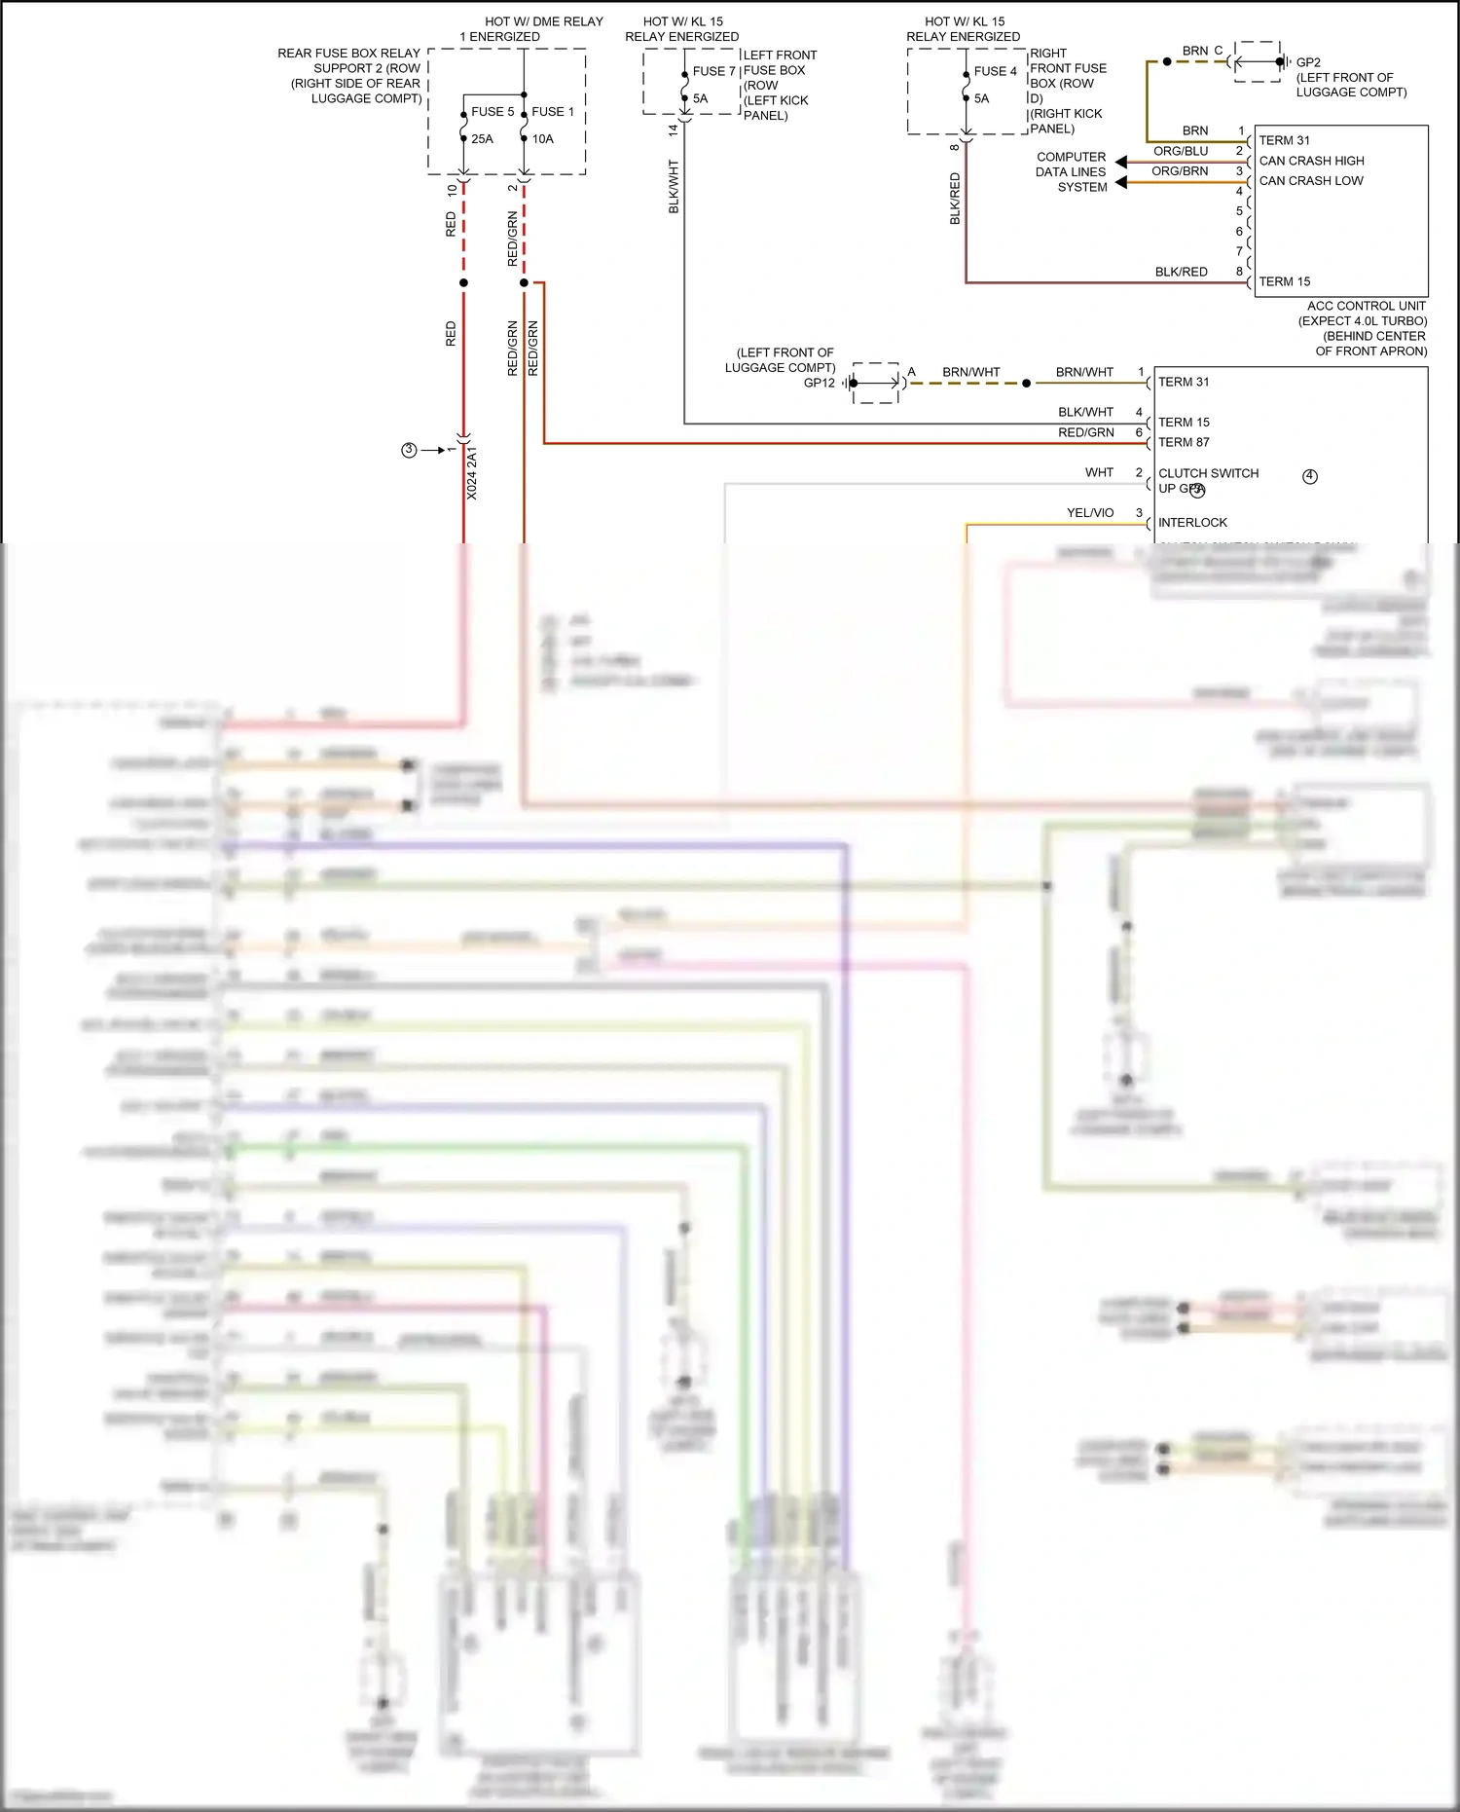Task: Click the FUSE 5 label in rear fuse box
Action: click(x=493, y=112)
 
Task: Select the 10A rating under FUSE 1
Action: click(x=542, y=139)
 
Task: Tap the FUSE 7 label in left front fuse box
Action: click(x=713, y=71)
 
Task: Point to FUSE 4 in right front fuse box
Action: click(x=995, y=71)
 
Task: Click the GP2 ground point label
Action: click(x=1308, y=62)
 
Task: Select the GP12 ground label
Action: click(x=819, y=383)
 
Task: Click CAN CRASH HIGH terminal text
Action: click(x=1311, y=161)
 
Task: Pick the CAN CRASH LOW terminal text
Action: click(x=1310, y=181)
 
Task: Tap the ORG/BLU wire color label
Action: click(x=1180, y=151)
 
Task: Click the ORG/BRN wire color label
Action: click(x=1180, y=171)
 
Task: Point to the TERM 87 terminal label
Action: click(x=1184, y=442)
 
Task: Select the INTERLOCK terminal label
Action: click(x=1192, y=523)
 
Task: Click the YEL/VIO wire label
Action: click(x=1089, y=513)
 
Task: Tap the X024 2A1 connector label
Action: click(x=472, y=474)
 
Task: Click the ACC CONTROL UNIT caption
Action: click(x=1366, y=306)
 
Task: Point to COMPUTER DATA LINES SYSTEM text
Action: click(x=1071, y=171)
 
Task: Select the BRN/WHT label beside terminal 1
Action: click(x=1083, y=372)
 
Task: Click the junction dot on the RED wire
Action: click(x=463, y=283)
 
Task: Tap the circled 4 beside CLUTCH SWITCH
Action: click(x=1310, y=476)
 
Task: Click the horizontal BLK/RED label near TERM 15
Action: click(x=1181, y=272)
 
